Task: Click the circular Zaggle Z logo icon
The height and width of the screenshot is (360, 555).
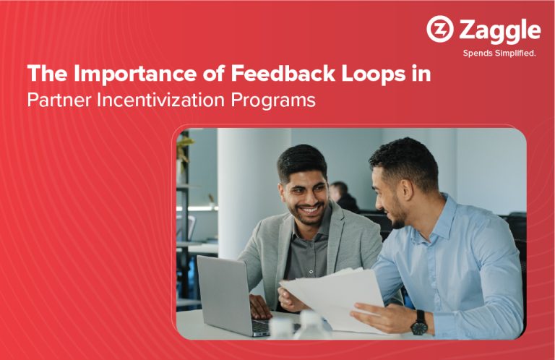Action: coord(440,29)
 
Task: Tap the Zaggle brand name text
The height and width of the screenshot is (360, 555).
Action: coord(500,31)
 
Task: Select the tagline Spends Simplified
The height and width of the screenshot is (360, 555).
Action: coord(499,53)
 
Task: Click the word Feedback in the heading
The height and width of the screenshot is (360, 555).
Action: coord(283,73)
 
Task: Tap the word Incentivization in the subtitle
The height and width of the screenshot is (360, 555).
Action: coord(160,100)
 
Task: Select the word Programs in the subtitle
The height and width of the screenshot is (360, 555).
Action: coord(273,101)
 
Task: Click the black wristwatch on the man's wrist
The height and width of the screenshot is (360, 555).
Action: coord(420,322)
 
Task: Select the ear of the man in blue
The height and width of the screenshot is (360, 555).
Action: coord(406,190)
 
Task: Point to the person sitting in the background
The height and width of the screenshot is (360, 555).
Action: coord(343,197)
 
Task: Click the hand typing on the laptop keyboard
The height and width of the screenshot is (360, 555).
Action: coord(260,307)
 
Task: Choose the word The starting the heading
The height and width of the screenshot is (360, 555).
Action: coord(47,73)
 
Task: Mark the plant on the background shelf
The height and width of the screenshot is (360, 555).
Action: coord(184,150)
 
